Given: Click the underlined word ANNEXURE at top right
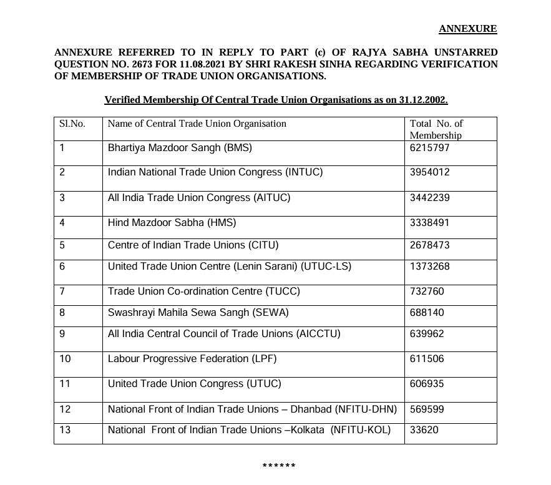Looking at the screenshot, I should pos(467,29).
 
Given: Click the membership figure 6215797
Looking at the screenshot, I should pos(429,148).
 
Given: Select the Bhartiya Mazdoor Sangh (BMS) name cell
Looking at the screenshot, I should pos(180,148).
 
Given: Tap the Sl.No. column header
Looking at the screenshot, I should pos(72,124).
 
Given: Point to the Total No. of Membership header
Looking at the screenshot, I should pos(436,129).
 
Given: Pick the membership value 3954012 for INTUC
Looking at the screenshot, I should pos(429,172).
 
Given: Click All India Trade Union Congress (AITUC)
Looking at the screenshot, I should pos(199,198).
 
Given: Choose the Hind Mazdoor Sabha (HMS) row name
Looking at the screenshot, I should pos(172,223).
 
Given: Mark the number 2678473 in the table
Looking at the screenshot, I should pos(429,245).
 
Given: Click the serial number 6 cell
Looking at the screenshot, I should pos(62,267).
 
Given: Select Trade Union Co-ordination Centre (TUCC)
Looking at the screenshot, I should pos(203,291).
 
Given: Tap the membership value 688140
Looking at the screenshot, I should pos(427,313).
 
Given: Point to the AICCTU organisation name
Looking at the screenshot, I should pos(224,334).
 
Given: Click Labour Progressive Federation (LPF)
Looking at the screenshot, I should pos(192,359).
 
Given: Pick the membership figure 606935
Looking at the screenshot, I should pos(427,384).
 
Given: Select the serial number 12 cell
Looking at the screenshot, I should pos(65,409).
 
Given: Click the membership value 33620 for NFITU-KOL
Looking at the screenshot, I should pos(424,430).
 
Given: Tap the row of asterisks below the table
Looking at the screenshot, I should pos(278,466).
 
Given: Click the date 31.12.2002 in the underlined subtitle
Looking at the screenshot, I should pos(422,100).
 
